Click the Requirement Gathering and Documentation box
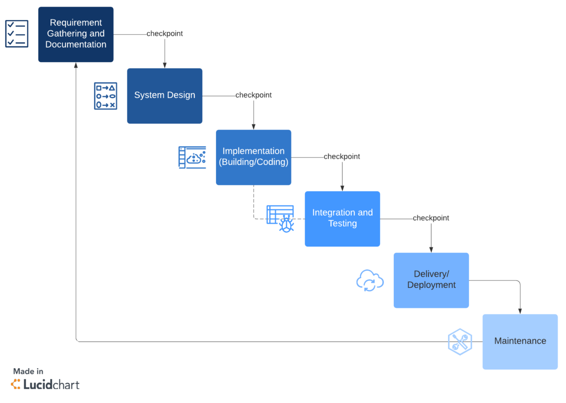[75, 34]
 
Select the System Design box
[165, 96]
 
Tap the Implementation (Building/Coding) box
[253, 157]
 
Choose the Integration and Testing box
[342, 218]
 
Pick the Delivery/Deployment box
[431, 280]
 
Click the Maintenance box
[520, 341]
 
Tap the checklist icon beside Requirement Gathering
[17, 33]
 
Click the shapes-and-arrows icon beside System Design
[105, 96]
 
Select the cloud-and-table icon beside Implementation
[192, 157]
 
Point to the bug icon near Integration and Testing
[286, 223]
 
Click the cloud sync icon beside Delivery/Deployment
[369, 280]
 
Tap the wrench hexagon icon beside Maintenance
[459, 341]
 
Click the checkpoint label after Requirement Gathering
[165, 34]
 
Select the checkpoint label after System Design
[253, 95]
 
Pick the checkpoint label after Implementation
[341, 156]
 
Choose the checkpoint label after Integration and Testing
[431, 218]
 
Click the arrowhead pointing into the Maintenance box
[520, 311]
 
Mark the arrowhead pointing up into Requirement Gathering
[76, 66]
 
